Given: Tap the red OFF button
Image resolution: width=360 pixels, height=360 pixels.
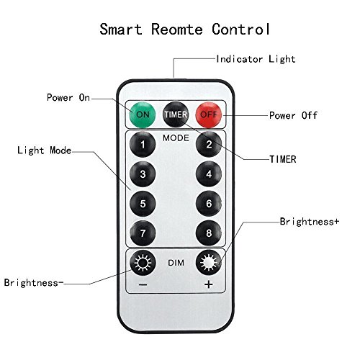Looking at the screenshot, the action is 208,114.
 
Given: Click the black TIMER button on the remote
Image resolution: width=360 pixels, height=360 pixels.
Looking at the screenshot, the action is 176,114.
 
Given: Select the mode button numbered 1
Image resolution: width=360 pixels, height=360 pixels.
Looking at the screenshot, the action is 143,144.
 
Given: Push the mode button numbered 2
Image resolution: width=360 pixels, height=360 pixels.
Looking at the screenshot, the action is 209,144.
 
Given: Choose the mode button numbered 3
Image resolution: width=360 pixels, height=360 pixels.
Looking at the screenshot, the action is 143,174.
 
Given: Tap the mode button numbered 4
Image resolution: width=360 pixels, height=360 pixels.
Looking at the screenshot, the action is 209,174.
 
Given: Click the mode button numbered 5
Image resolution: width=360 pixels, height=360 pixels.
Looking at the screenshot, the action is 143,204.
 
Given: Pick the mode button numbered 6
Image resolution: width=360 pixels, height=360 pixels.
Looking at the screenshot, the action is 209,204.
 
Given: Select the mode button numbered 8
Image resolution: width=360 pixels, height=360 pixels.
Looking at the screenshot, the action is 209,233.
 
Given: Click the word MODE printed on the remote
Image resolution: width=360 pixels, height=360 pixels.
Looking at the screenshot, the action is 176,138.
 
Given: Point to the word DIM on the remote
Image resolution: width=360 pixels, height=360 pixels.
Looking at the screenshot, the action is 176,263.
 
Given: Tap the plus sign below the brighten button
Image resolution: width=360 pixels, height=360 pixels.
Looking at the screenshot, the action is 209,284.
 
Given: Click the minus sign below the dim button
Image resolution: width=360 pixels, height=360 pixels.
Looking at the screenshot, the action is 143,285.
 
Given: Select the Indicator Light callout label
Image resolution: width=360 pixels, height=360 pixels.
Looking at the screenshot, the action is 256,59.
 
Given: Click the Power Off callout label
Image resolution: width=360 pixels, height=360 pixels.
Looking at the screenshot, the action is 293,115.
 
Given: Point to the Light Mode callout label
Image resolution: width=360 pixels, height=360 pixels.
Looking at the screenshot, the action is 45,150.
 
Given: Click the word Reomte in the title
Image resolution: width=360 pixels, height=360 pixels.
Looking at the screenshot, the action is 177,30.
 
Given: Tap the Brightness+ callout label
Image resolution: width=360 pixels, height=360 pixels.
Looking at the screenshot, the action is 310,222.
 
